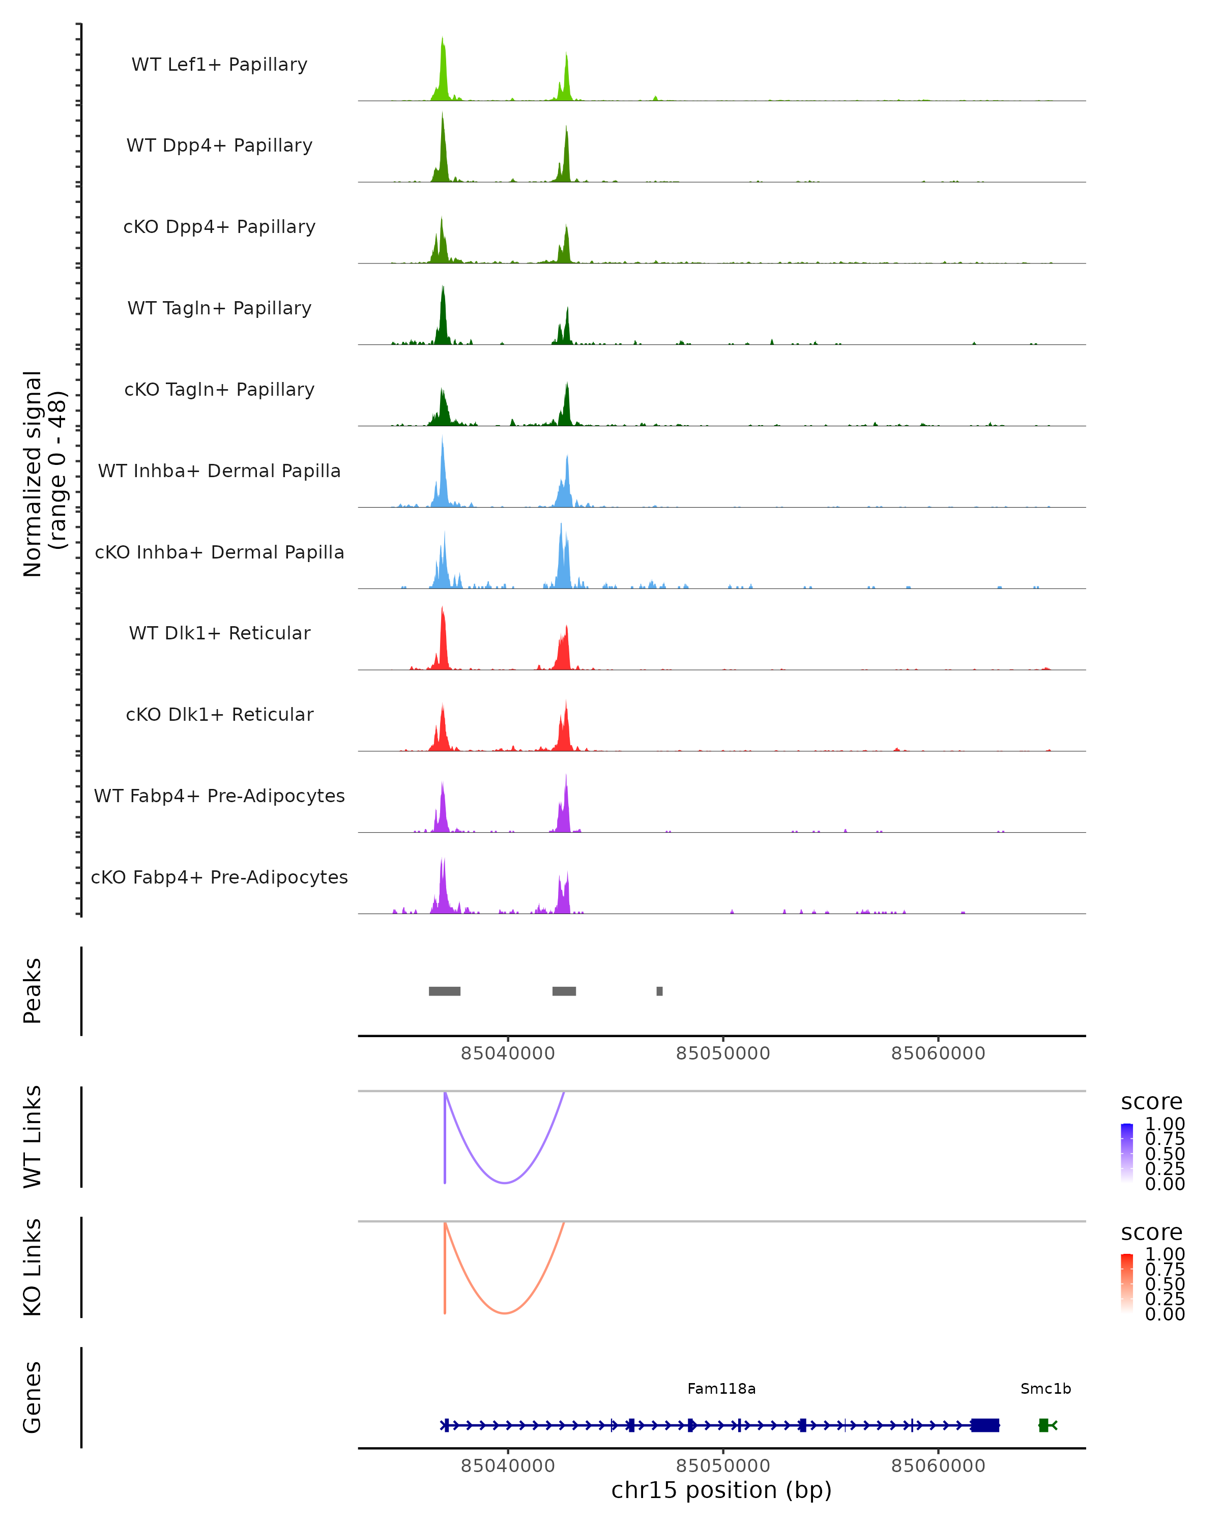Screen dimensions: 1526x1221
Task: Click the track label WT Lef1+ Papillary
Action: [219, 65]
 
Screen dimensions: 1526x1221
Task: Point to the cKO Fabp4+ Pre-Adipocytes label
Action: [219, 877]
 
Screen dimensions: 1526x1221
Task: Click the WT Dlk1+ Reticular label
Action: [219, 633]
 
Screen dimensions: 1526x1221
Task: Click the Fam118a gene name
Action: [721, 1389]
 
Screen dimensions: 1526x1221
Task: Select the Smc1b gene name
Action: [1045, 1389]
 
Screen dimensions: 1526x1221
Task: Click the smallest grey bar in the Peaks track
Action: [660, 991]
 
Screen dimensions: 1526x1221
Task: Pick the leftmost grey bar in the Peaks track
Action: [445, 991]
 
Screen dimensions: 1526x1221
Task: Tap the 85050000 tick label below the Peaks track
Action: [723, 1053]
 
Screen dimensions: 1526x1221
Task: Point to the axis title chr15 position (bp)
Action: [721, 1490]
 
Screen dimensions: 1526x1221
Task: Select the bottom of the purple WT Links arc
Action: [505, 1183]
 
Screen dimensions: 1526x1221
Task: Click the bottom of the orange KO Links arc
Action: [505, 1313]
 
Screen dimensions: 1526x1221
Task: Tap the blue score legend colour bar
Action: [1127, 1153]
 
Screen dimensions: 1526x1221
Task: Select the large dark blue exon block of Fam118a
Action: [984, 1425]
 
